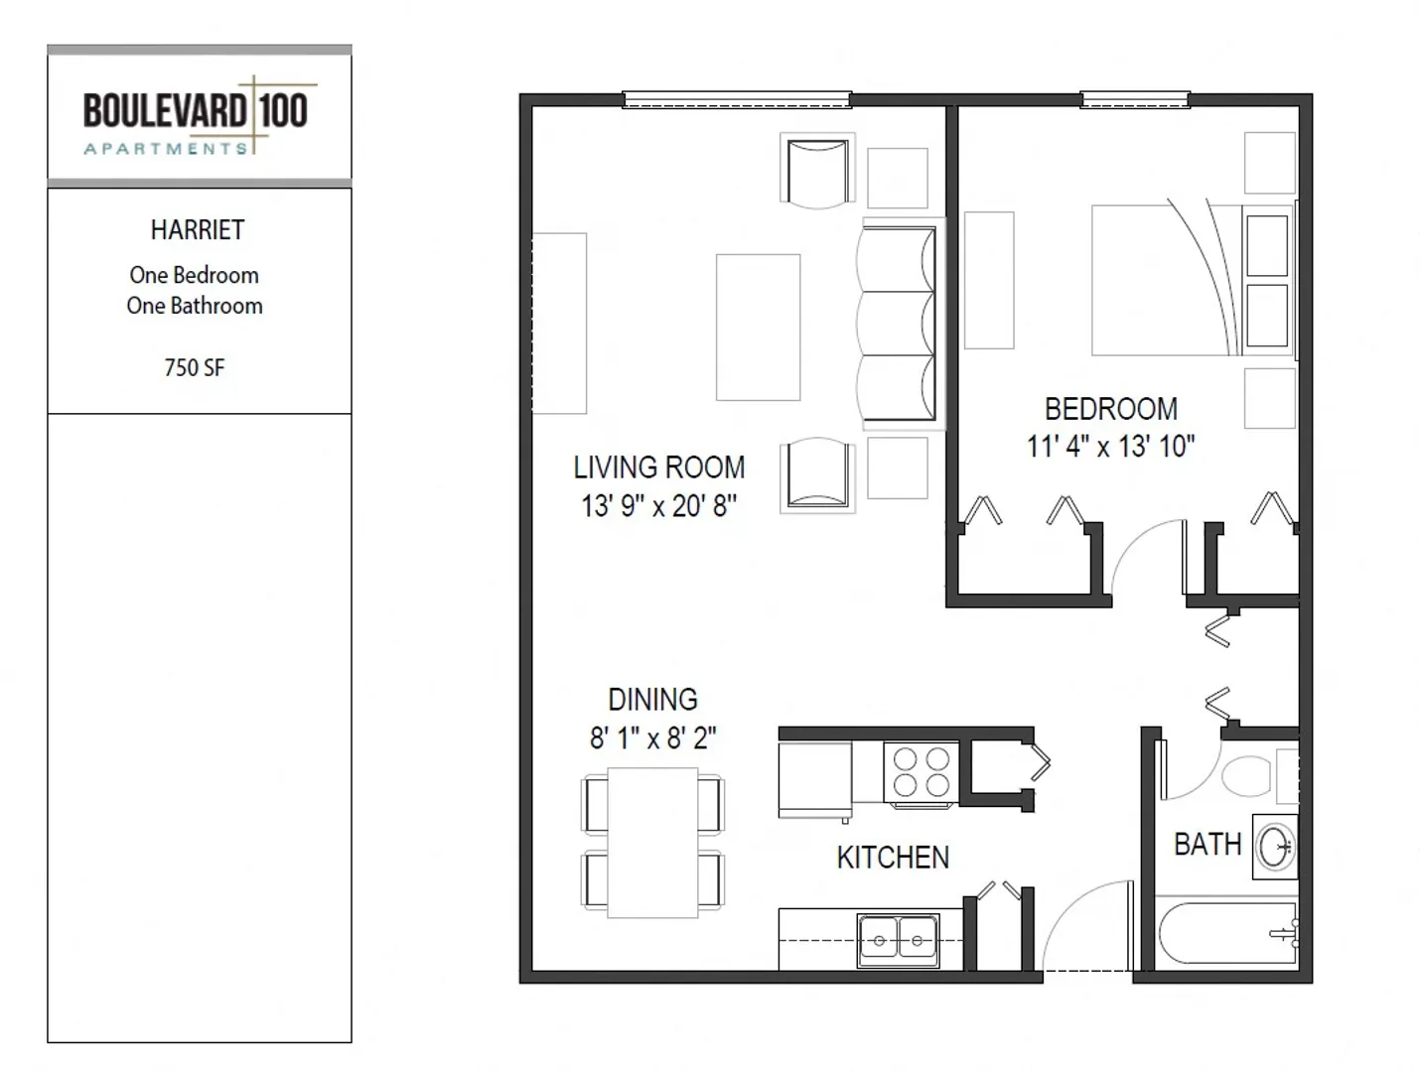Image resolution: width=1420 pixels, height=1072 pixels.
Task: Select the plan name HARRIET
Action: coord(198,230)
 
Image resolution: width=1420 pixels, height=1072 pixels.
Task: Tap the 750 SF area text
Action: coord(194,368)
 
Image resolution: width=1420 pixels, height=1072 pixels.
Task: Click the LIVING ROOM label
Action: coord(658,468)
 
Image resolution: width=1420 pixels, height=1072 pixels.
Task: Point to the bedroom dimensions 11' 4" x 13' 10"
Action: coord(1111,446)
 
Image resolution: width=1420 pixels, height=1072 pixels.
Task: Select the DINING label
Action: coord(652,700)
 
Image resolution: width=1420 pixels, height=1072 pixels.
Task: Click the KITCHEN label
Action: coord(893,858)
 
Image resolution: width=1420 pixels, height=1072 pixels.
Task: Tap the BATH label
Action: coord(1207,845)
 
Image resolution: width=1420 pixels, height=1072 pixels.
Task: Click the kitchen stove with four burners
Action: coord(921,774)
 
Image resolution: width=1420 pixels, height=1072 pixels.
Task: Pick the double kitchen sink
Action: coord(898,940)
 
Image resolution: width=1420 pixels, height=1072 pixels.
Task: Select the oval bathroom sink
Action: coord(1275,847)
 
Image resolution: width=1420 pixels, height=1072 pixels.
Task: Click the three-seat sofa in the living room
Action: coord(897,324)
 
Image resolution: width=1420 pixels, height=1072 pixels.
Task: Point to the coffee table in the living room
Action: coord(758,328)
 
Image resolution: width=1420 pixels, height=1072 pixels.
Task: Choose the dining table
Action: coord(652,843)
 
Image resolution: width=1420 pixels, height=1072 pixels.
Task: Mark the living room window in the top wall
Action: coord(736,99)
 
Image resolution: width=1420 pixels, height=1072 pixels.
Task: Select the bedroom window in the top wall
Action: coord(1135,99)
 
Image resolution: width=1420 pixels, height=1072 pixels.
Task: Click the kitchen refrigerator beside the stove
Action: coord(815,781)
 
